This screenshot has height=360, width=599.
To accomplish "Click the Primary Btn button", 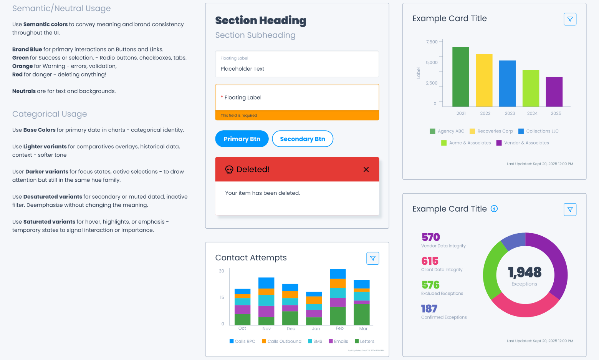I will point(242,139).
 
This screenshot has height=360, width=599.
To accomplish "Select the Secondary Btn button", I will point(302,139).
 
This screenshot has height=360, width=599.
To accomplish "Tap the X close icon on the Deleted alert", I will point(366,169).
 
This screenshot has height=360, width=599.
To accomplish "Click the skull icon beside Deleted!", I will point(229,169).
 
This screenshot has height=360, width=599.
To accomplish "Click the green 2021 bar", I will point(460,77).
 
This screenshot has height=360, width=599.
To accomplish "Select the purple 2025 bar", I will point(554,92).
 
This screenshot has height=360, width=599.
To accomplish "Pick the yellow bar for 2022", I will point(484,80).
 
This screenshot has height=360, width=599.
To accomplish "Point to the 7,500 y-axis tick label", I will point(432,42).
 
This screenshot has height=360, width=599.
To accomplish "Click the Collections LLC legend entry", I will point(538,131).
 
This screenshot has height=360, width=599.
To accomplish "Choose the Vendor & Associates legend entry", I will point(523,143).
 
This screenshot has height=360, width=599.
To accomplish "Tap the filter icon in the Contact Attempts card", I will point(372,258).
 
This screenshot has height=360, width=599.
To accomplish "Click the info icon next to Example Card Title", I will point(494,209).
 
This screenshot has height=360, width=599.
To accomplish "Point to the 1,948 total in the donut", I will point(525,272).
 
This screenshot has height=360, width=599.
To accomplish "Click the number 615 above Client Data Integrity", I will point(430,261).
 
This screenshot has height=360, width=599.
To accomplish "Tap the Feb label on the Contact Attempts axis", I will point(339,328).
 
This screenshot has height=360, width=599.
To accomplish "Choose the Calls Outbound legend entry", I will point(281,341).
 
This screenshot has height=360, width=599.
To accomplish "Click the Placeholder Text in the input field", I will point(242,69).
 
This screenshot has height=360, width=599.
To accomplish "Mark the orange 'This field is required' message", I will point(239,115).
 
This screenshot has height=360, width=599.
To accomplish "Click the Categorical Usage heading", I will point(50,114).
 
